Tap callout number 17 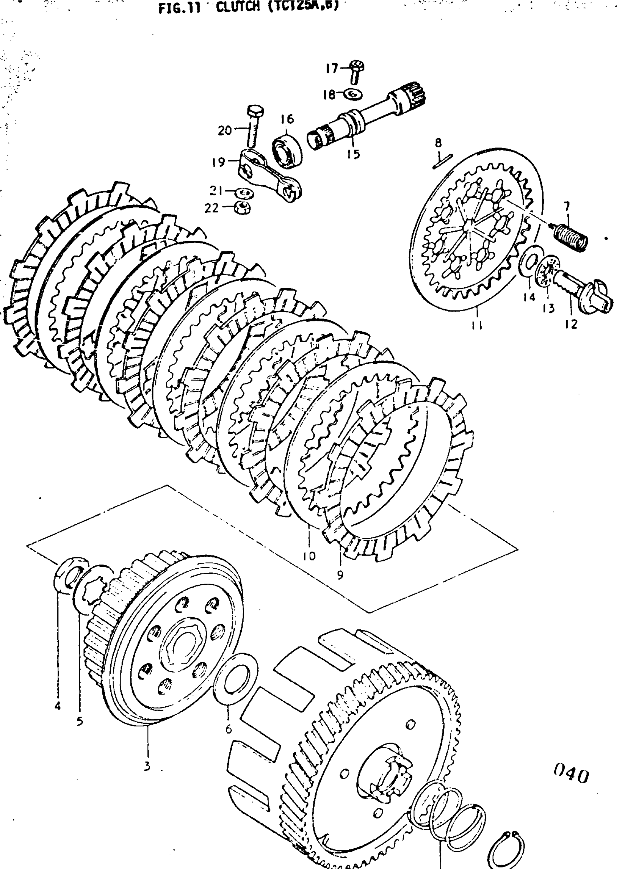[x=331, y=68]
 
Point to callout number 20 [x=225, y=130]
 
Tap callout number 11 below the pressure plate [x=477, y=325]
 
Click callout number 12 [x=571, y=324]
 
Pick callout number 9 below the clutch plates [x=340, y=575]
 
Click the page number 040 [x=570, y=775]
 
